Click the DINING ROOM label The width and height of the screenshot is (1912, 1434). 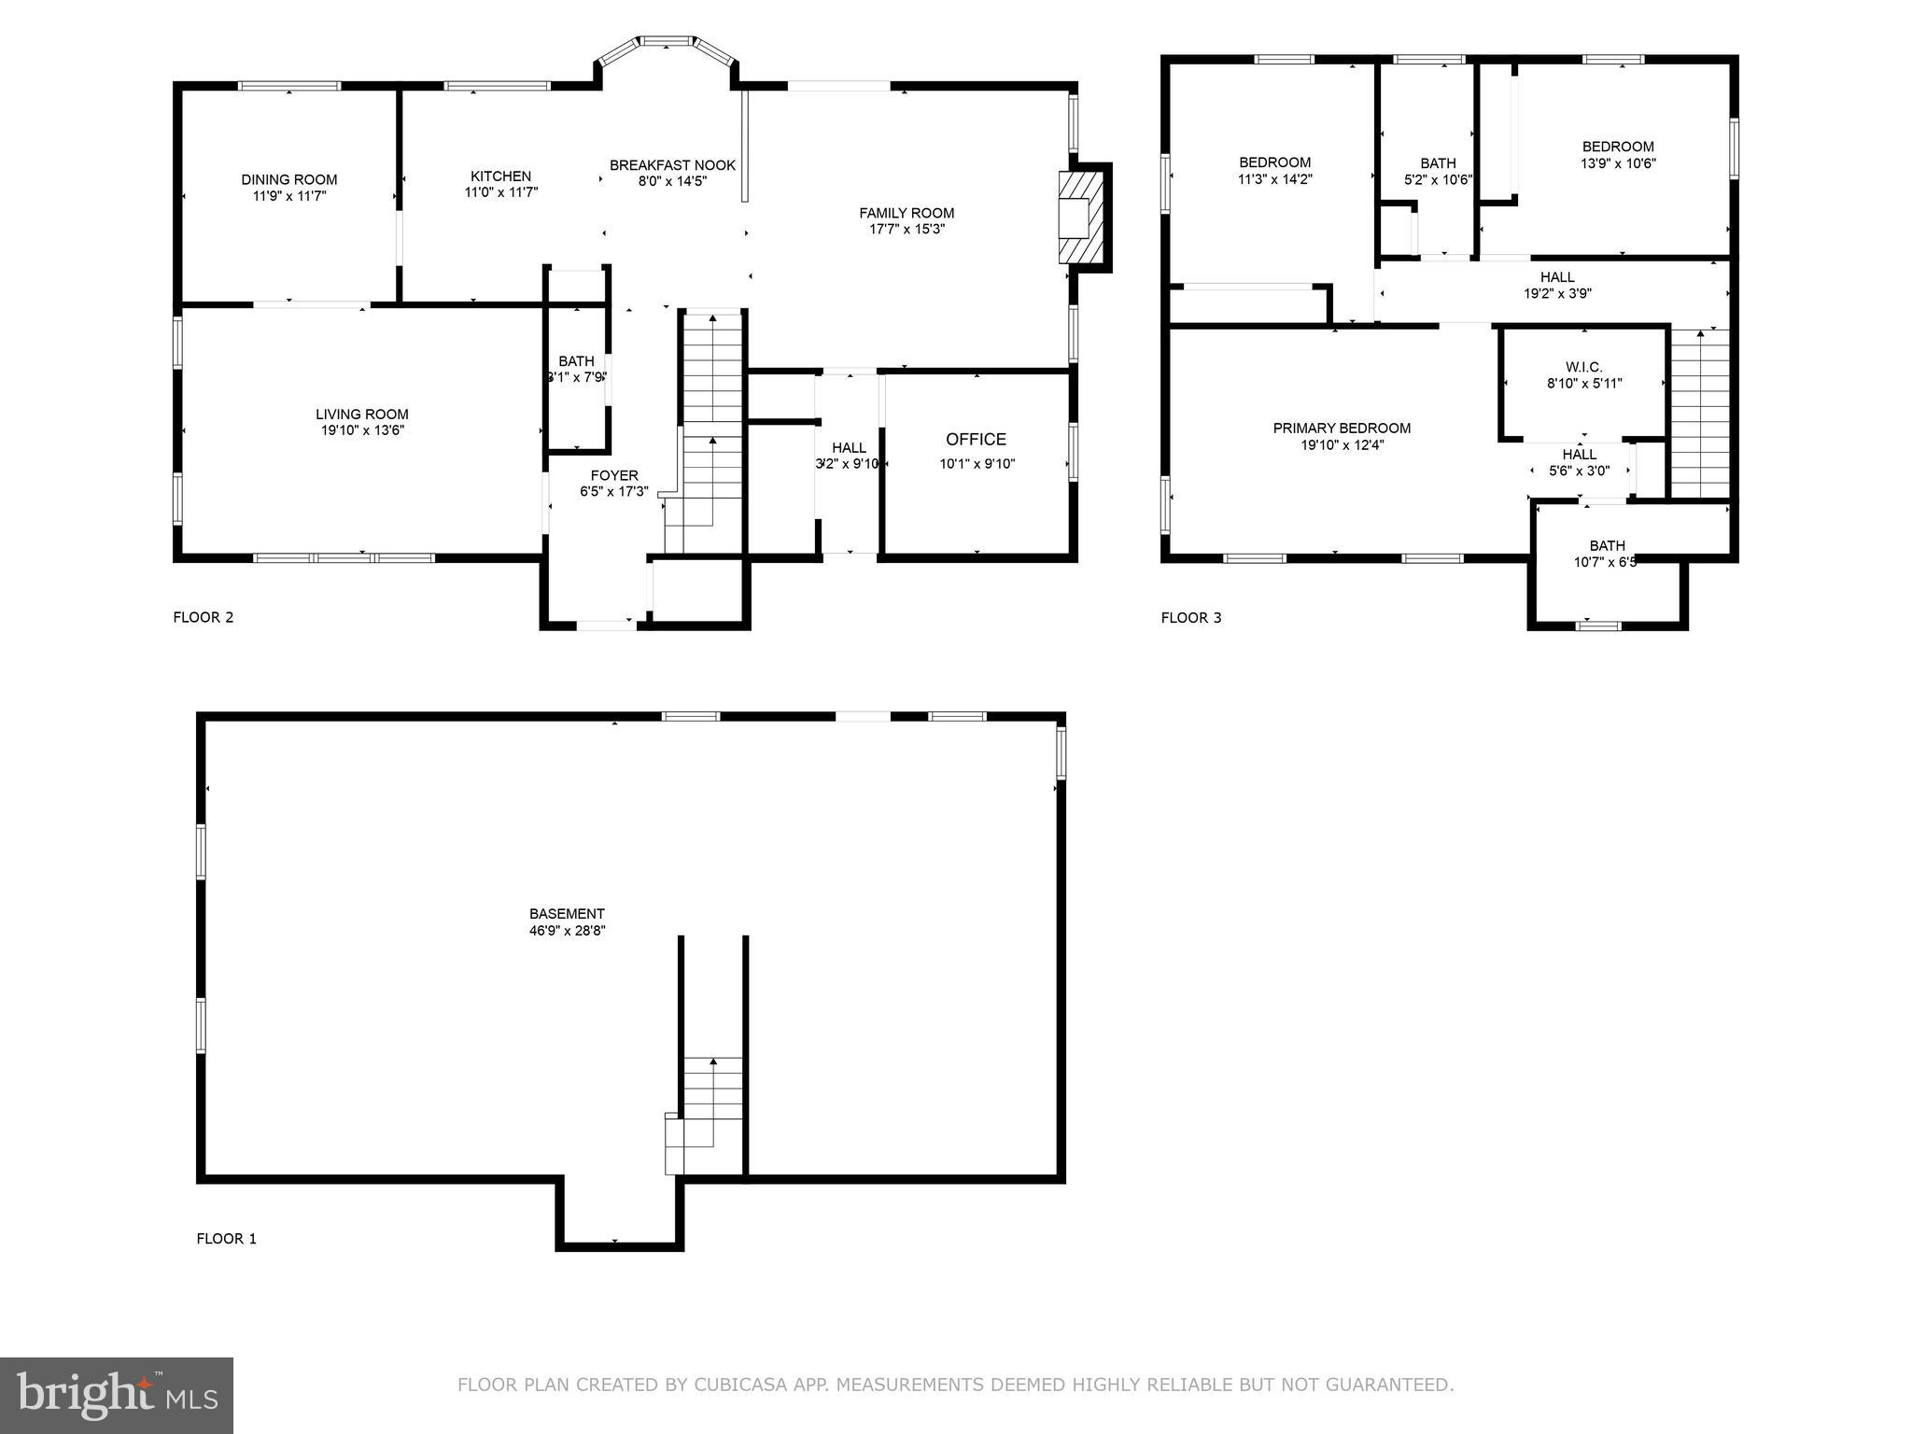click(x=288, y=179)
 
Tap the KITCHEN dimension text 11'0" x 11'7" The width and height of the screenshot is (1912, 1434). click(x=501, y=192)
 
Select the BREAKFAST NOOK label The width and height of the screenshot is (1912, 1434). click(x=672, y=165)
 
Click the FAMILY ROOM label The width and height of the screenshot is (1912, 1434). click(x=907, y=213)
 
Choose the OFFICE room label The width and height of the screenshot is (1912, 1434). click(x=976, y=440)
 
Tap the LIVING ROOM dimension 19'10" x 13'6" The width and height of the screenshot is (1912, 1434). click(x=361, y=430)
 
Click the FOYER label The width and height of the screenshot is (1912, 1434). click(x=613, y=475)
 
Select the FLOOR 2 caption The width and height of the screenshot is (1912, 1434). click(x=203, y=617)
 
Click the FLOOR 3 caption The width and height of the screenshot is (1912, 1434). click(x=1190, y=617)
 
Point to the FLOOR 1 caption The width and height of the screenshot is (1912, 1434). click(x=226, y=1239)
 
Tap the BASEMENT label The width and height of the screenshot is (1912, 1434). click(x=567, y=914)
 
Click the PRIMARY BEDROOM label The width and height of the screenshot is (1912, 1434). click(x=1342, y=429)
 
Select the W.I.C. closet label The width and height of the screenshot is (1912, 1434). click(x=1583, y=367)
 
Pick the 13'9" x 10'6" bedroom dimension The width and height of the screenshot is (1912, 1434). click(x=1617, y=162)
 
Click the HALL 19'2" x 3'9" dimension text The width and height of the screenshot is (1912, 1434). click(x=1556, y=293)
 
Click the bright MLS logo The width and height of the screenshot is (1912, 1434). click(x=117, y=1395)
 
